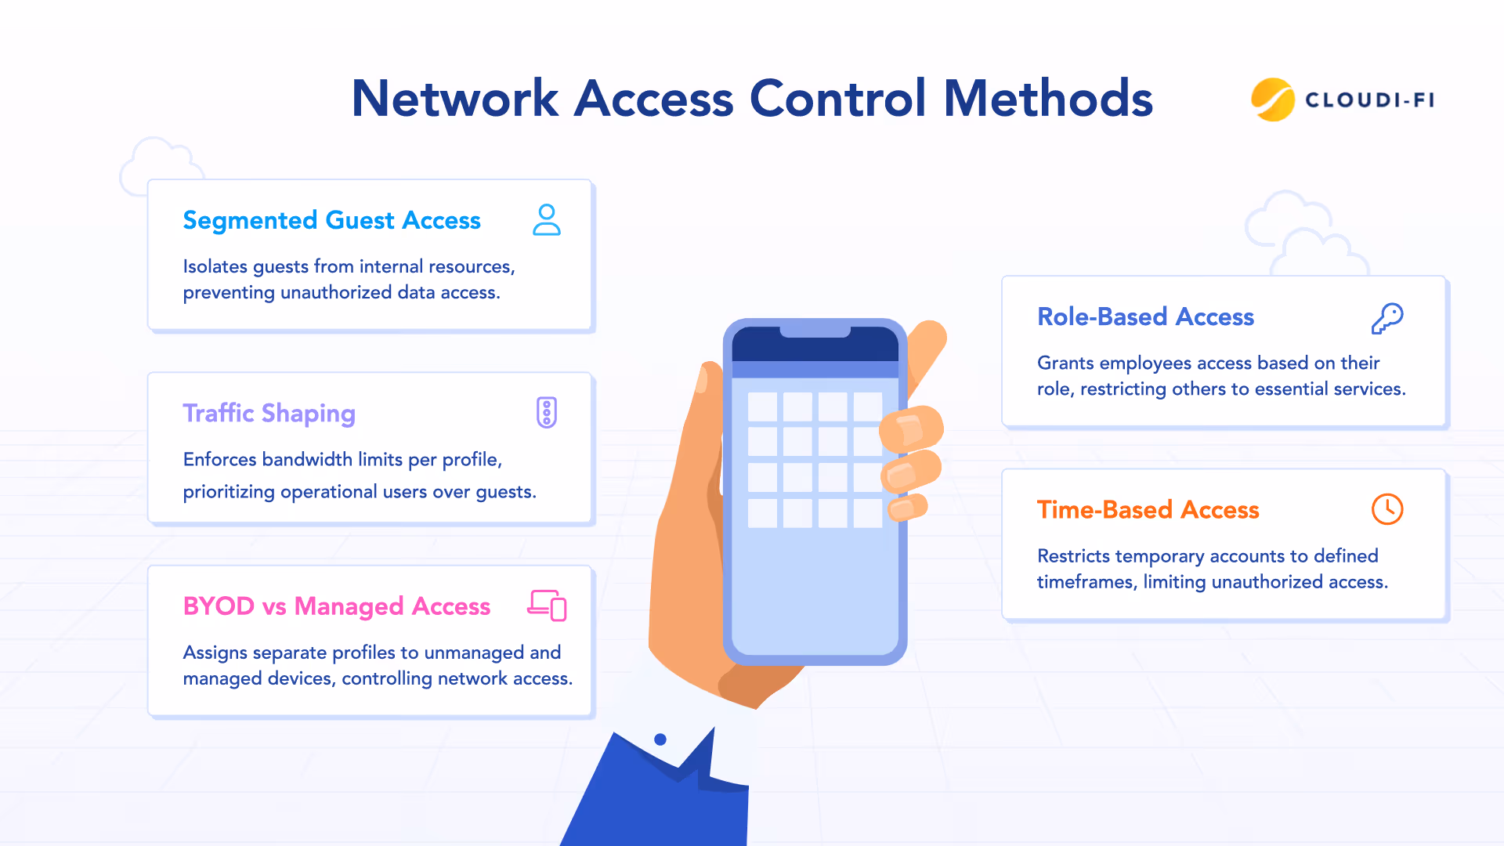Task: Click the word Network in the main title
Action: [x=454, y=99]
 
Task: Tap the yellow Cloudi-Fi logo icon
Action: [x=1272, y=99]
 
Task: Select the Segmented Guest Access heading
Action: [x=331, y=220]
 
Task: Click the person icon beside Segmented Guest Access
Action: [x=547, y=220]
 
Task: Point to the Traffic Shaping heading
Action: [x=269, y=413]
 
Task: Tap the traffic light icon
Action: [x=547, y=413]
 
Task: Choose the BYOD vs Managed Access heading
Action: [x=336, y=606]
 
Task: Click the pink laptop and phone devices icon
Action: [x=547, y=606]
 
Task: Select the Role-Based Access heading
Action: [x=1145, y=316]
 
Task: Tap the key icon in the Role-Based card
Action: [x=1387, y=318]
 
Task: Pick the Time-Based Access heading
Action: [x=1148, y=510]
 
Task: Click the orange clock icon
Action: [x=1387, y=509]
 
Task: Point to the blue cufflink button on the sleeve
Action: [x=660, y=739]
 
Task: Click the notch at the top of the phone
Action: [x=815, y=331]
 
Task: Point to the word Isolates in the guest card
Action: [x=215, y=266]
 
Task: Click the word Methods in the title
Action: [x=1048, y=99]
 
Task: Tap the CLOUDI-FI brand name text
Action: [x=1369, y=100]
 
